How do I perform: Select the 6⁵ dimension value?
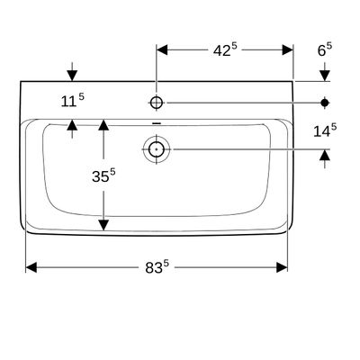tap(325, 49)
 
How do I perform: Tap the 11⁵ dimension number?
tap(73, 101)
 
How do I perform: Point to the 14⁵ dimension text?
tap(325, 130)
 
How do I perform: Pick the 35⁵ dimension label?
tap(103, 175)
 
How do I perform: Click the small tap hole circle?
tap(157, 103)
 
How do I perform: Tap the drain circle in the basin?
tap(157, 148)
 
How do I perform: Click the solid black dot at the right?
tap(325, 103)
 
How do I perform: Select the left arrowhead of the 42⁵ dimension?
tap(162, 49)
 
